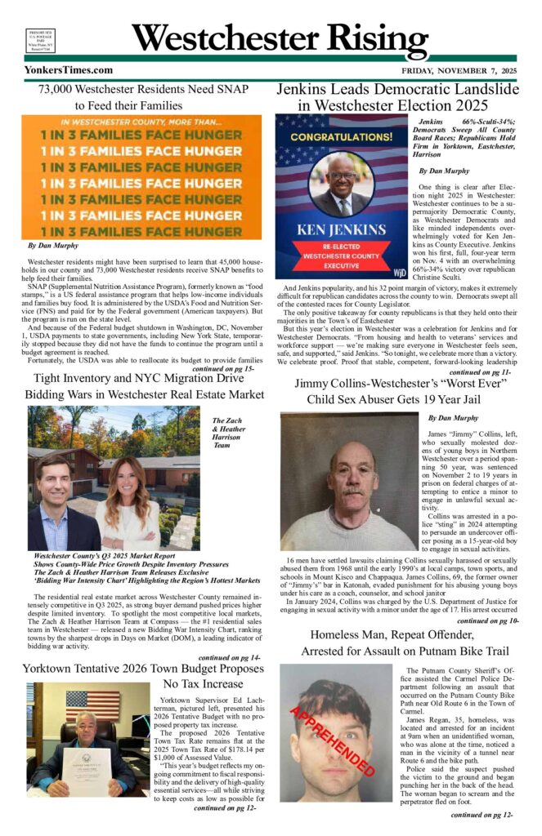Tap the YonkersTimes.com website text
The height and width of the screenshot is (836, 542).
(69, 70)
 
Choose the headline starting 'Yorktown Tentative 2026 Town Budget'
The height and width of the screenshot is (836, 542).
(144, 668)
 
